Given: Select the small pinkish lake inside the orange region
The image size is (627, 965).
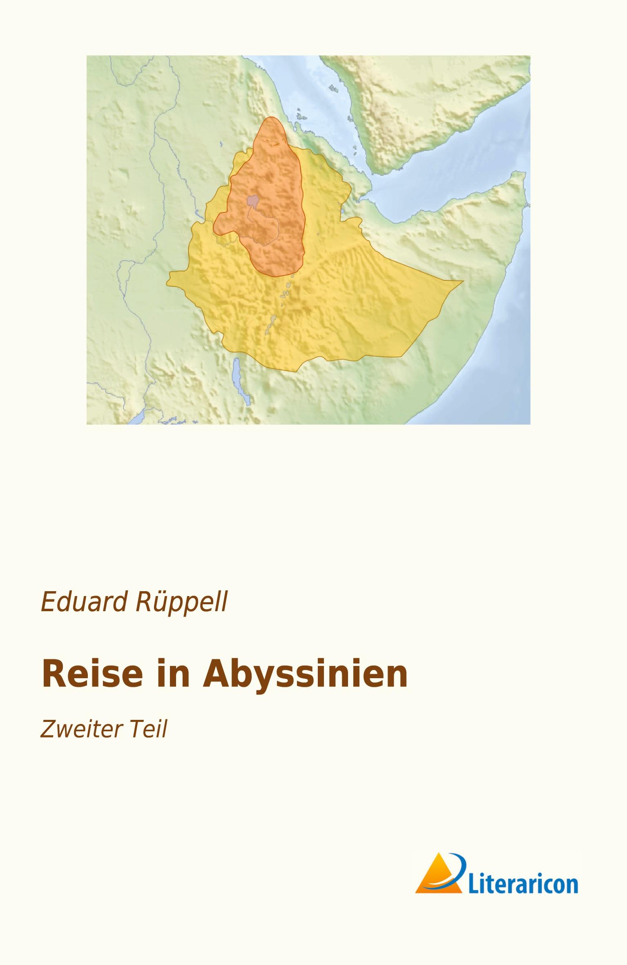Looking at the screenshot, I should [x=253, y=201].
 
